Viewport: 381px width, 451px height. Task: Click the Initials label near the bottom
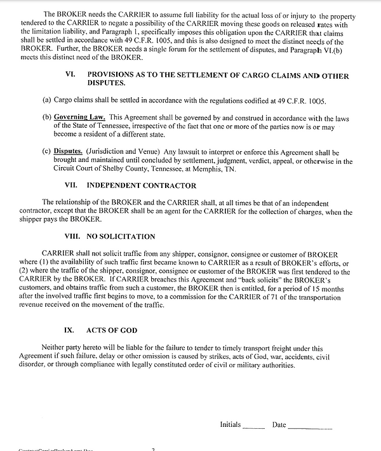(231, 424)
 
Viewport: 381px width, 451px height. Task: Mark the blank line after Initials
(254, 426)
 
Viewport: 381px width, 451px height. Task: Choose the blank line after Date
(310, 426)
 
